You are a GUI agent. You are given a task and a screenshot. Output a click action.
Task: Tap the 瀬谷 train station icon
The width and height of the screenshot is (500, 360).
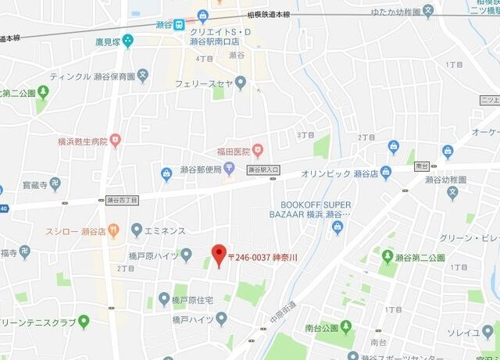click(x=180, y=23)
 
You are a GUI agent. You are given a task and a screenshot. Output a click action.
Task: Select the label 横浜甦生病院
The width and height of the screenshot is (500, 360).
click(x=82, y=141)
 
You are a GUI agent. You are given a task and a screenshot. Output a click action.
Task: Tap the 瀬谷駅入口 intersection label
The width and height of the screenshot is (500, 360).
click(x=263, y=169)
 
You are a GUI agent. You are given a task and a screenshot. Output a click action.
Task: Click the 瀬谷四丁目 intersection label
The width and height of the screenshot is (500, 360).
click(x=122, y=200)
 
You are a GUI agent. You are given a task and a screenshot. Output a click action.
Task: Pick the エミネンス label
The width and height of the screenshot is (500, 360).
click(x=165, y=230)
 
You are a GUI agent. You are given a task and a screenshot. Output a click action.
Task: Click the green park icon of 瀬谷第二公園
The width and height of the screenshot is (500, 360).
click(x=387, y=256)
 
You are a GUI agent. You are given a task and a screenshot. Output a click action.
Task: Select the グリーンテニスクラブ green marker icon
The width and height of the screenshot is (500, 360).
click(x=84, y=321)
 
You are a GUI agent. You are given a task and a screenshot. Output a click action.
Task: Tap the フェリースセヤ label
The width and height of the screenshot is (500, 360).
click(x=204, y=82)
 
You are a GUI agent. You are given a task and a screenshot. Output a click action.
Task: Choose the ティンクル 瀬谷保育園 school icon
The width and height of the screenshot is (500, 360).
click(x=143, y=76)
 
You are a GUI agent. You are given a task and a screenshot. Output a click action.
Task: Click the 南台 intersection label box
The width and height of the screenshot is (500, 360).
click(x=423, y=166)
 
